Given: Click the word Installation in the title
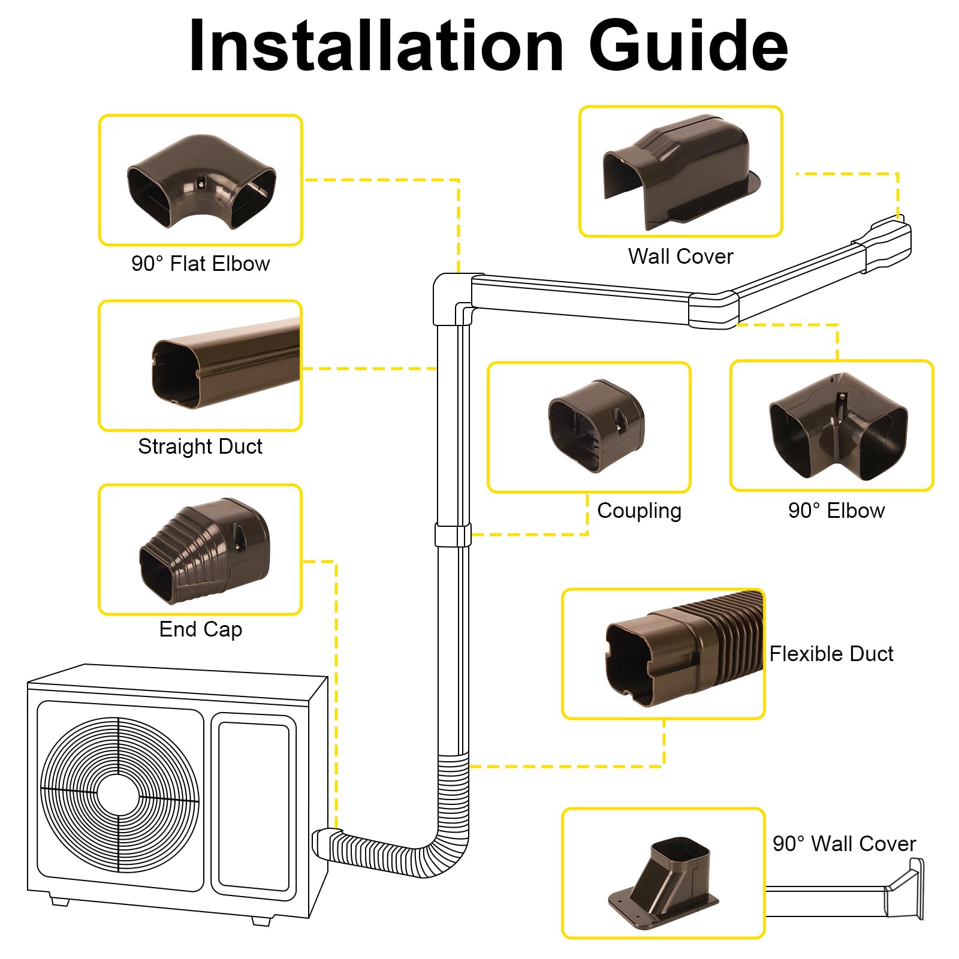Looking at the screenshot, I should (376, 46).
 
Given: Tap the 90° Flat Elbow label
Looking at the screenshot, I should (201, 264).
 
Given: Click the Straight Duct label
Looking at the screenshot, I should (200, 447).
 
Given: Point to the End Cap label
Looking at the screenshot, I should (201, 629).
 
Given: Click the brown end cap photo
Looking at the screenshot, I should (204, 551).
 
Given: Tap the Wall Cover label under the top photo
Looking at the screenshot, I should (680, 257).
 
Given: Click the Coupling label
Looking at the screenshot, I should (639, 511).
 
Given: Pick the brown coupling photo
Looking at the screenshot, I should (596, 426).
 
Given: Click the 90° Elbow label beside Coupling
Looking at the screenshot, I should (836, 511).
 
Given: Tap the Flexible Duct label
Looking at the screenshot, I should (831, 654).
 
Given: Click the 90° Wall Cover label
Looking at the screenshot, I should (844, 844).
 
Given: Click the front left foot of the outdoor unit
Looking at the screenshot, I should (59, 900).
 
